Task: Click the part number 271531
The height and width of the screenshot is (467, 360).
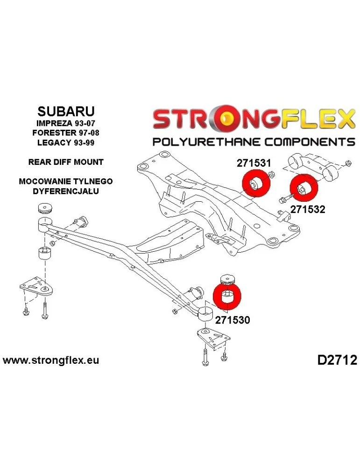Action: coord(254,163)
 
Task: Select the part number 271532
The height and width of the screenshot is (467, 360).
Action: coord(308,209)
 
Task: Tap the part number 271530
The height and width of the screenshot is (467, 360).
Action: coord(232,320)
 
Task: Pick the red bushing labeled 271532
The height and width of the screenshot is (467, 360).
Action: coord(304,188)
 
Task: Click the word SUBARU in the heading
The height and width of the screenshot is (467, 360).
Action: coord(66,111)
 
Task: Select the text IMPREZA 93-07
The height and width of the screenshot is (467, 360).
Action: coord(66,123)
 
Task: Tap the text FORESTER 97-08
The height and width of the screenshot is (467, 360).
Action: coord(66,133)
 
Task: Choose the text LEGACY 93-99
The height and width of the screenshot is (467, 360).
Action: coord(66,142)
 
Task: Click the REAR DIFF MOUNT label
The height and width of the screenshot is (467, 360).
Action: coord(66,162)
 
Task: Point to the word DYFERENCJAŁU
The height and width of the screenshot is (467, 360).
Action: coord(66,191)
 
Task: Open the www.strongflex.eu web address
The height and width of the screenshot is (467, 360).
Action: coord(51,361)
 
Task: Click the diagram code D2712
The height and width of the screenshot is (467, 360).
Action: coord(337,361)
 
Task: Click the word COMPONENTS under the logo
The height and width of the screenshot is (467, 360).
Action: coord(310,142)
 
